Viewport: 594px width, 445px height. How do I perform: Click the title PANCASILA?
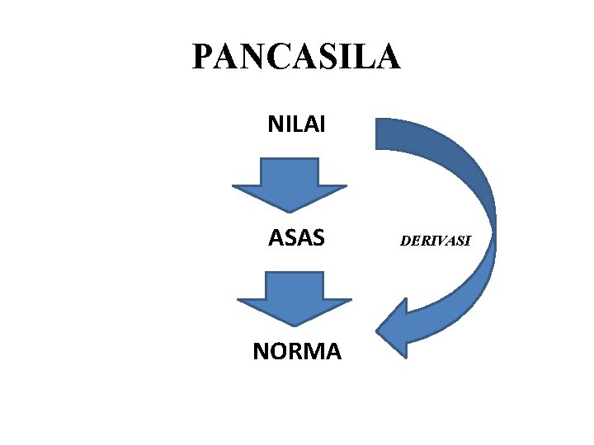[x=296, y=58]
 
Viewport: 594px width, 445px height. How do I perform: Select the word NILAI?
[x=296, y=124]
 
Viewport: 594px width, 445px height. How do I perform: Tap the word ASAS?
[x=296, y=238]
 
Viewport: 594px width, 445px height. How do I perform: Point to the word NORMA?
[x=296, y=352]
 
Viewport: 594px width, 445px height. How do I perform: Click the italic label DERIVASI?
[x=435, y=241]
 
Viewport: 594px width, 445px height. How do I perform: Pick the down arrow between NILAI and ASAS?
[x=290, y=185]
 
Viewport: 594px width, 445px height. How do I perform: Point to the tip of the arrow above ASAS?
[x=290, y=210]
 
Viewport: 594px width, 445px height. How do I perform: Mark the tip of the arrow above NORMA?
[x=295, y=324]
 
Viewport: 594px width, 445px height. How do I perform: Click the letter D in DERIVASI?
[x=405, y=241]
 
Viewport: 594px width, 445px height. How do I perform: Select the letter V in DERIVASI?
[x=438, y=241]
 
